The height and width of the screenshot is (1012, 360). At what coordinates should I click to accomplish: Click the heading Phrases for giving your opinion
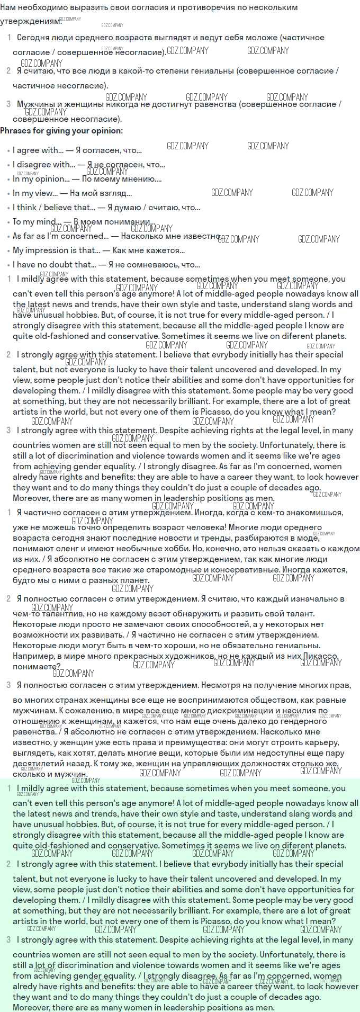click(61, 131)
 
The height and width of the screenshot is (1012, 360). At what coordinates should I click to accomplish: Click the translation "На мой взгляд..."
click(101, 193)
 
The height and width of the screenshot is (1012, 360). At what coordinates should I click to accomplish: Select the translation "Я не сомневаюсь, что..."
click(154, 265)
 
